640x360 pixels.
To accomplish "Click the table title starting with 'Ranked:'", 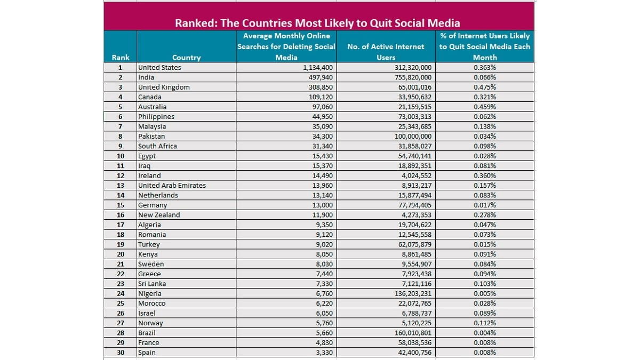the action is [x=317, y=23].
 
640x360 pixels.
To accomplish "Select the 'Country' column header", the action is [x=186, y=58].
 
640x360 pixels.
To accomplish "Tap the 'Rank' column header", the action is [x=121, y=58].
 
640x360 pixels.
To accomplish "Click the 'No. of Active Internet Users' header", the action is [x=386, y=52].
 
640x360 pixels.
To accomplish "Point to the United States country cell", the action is [x=159, y=67].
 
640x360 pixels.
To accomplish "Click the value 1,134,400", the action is [x=318, y=67].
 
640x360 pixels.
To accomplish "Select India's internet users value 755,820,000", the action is [x=413, y=77].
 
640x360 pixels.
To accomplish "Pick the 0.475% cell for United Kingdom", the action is [x=485, y=87].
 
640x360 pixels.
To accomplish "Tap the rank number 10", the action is [x=121, y=156].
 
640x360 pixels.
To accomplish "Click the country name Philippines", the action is [x=156, y=117].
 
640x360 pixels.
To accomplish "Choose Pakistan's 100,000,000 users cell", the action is [x=413, y=137].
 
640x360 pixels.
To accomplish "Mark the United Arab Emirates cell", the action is [x=172, y=186].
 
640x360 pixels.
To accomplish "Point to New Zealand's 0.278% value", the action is [x=485, y=215].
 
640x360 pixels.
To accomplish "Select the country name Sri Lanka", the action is [x=151, y=284].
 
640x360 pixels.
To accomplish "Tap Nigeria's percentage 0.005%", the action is [x=485, y=293].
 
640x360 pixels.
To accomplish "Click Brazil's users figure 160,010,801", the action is [x=413, y=333].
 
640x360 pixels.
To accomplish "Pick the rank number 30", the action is [x=121, y=353].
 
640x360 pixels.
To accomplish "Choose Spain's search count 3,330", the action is [x=324, y=353].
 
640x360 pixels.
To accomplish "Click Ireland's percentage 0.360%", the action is [x=485, y=175].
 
